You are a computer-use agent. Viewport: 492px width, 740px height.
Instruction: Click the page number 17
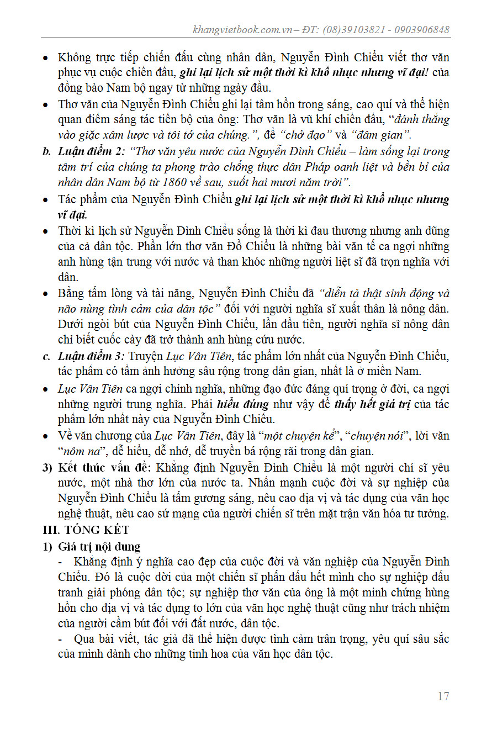[x=443, y=696]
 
